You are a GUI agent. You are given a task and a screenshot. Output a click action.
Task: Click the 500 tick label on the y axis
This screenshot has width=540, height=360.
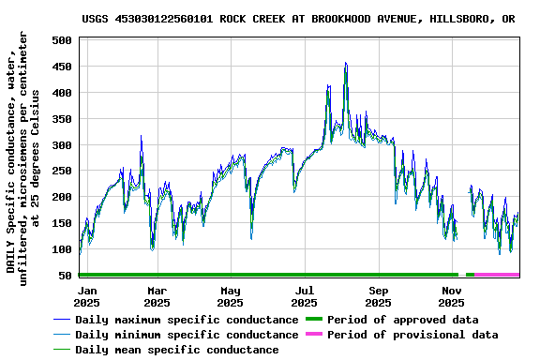tap(63, 41)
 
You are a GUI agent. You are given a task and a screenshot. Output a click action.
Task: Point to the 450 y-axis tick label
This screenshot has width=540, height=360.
tap(63, 67)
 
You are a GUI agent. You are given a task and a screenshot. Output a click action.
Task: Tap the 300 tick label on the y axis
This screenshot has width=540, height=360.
tap(63, 145)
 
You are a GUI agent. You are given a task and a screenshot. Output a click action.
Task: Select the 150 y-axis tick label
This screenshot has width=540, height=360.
tap(63, 224)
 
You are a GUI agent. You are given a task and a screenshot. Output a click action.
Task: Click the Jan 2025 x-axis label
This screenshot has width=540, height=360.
tap(86, 296)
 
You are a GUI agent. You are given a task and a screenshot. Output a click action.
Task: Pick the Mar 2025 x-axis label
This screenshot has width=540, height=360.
tap(157, 296)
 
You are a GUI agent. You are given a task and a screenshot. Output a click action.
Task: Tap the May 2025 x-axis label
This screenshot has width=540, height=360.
tap(231, 296)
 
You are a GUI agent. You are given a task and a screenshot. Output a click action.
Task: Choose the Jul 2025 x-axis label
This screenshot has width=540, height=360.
tap(305, 296)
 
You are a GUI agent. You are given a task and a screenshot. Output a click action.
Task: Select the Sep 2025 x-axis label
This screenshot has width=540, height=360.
tap(379, 296)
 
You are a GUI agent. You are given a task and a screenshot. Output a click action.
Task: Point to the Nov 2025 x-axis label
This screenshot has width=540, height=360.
tap(453, 296)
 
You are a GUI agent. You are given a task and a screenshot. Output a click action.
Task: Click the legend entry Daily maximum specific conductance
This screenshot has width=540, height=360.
tap(187, 320)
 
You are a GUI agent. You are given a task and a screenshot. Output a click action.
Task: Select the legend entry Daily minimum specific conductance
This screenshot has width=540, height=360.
tap(187, 335)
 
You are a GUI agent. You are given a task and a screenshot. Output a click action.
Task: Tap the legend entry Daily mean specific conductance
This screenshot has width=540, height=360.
tap(176, 350)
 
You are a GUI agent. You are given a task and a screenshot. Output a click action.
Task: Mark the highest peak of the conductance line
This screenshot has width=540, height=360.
tap(346, 64)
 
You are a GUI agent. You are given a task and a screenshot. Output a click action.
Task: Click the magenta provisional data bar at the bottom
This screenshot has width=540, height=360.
tap(497, 275)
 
